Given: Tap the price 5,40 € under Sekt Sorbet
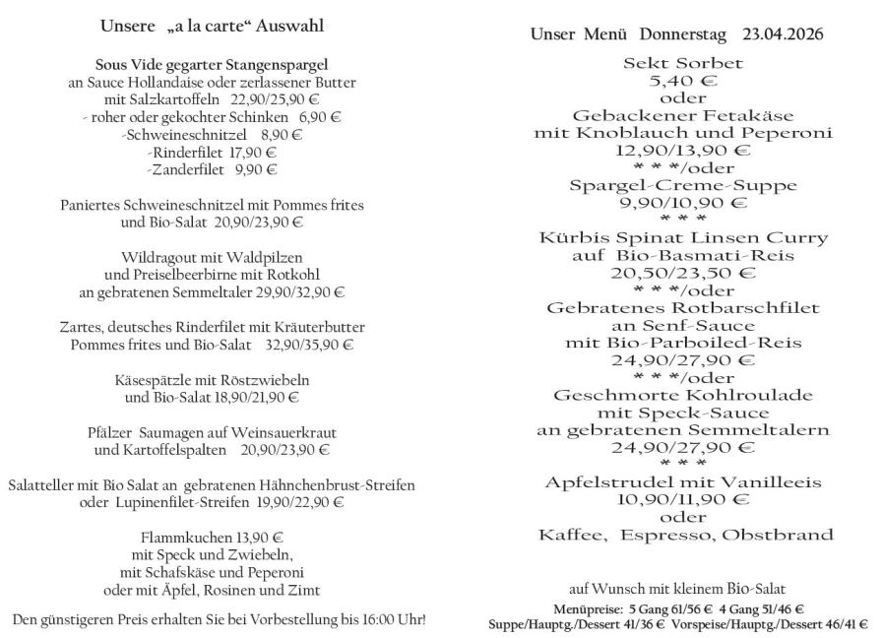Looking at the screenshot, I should [x=682, y=81].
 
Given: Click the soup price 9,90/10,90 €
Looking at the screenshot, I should [x=682, y=203].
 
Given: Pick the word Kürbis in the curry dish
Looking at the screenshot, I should [x=577, y=238].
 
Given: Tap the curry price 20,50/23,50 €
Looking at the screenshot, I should [x=682, y=273].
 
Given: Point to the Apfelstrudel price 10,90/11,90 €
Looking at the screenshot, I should [x=682, y=499].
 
